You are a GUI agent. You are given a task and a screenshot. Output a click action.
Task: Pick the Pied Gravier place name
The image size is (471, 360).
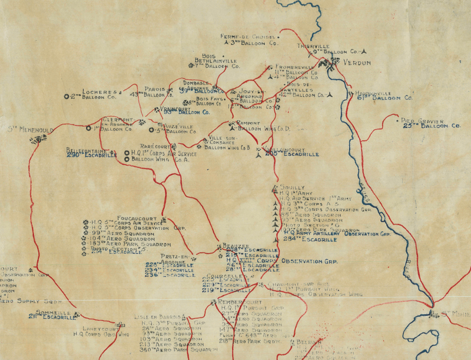coord(422,119)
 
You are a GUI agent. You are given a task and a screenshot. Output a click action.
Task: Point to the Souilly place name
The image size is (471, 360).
coord(291,187)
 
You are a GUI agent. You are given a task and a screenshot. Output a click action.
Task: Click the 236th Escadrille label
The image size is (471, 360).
coord(170,275)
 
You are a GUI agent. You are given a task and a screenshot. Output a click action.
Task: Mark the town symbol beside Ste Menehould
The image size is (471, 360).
coord(41,139)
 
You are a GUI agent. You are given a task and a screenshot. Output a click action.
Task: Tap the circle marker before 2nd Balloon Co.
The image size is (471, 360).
coord(67,96)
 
